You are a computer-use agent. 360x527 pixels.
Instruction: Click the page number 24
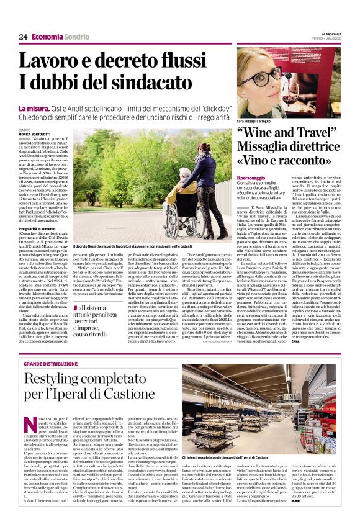tap(23, 37)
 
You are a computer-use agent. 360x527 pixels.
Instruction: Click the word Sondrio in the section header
tap(76, 37)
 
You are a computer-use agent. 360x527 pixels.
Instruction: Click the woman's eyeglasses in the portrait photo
tap(264, 76)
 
